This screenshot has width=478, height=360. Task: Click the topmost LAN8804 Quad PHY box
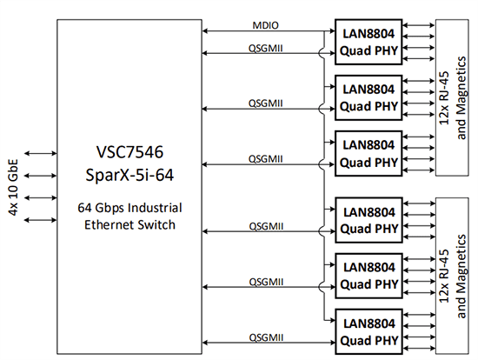click(368, 41)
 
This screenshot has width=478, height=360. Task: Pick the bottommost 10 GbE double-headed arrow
click(40, 221)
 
